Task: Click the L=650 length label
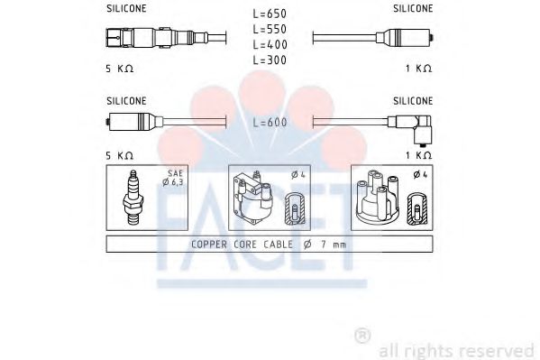pyautogui.click(x=270, y=14)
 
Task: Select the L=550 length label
pyautogui.click(x=270, y=29)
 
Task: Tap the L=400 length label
pyautogui.click(x=270, y=44)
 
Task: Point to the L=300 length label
pyautogui.click(x=270, y=59)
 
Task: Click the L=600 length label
pyautogui.click(x=270, y=123)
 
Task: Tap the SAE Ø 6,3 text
pyautogui.click(x=175, y=180)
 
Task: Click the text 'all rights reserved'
pyautogui.click(x=456, y=350)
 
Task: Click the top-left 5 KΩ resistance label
pyautogui.click(x=120, y=69)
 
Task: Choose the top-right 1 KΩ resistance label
pyautogui.click(x=417, y=69)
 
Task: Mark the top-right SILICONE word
pyautogui.click(x=413, y=8)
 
